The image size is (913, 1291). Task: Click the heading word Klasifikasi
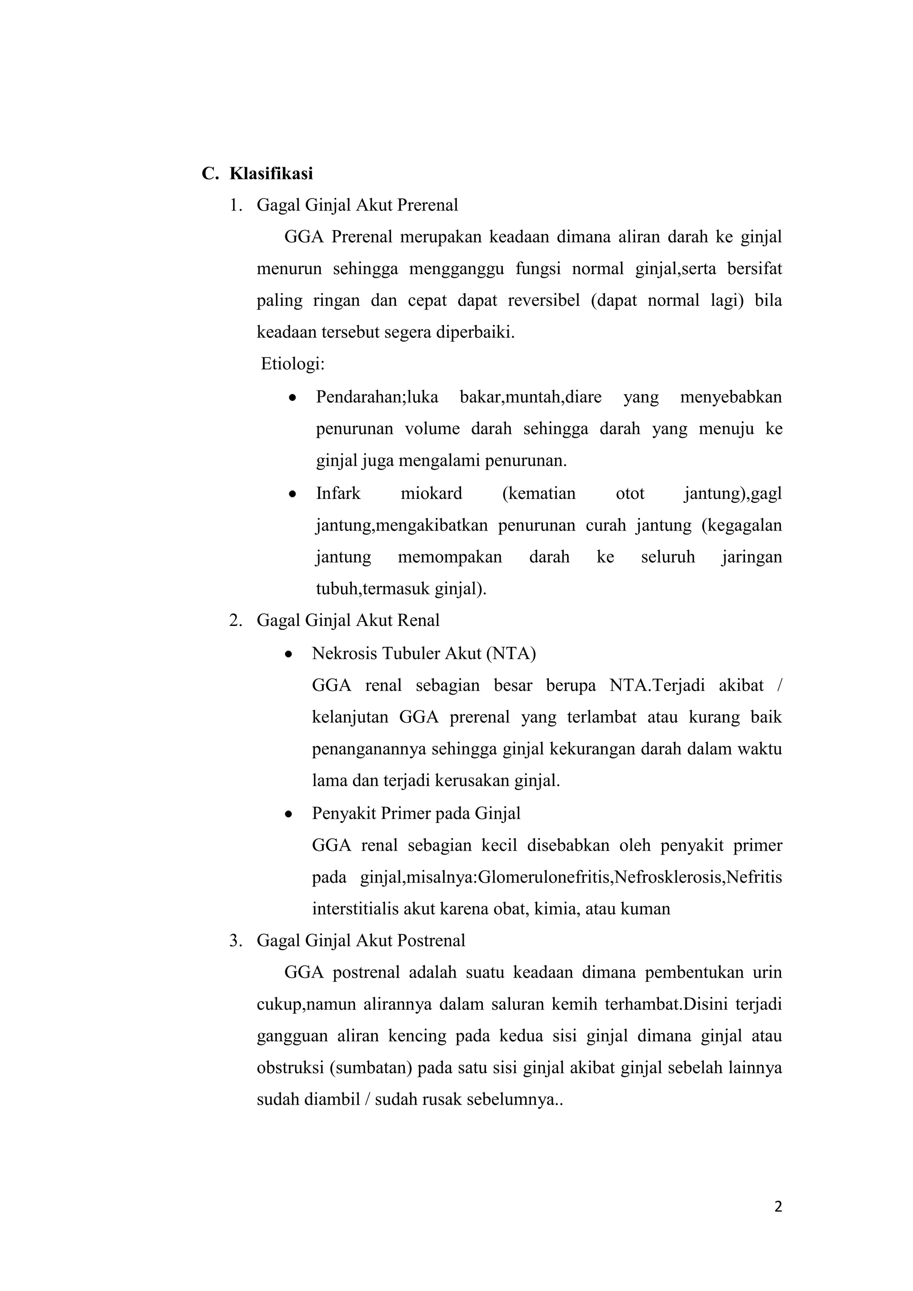[x=271, y=174]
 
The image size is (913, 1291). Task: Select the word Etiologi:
[x=293, y=364]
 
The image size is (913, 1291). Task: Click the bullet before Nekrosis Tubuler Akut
[x=288, y=654]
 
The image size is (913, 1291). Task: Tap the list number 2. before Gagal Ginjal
[x=235, y=621]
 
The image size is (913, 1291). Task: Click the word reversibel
[x=543, y=301]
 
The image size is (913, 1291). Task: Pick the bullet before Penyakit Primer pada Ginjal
[x=288, y=814]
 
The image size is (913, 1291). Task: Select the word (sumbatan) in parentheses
[x=372, y=1068]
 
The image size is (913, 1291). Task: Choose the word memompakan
[x=450, y=557]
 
